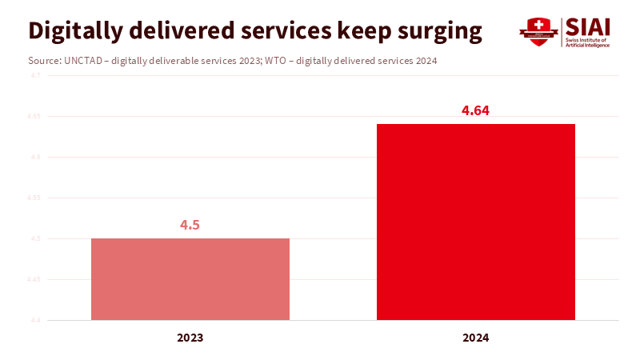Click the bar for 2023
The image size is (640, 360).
coord(190,279)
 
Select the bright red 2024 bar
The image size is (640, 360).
coord(476,222)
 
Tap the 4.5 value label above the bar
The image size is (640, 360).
coord(190,225)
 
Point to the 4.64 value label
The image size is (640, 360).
coord(475,110)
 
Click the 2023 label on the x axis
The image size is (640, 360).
coord(190,338)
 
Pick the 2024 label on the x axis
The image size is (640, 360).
coord(476,338)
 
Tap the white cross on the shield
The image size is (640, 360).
coord(538,24)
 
